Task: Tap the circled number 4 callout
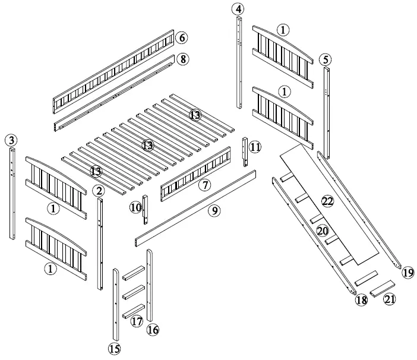coord(238,10)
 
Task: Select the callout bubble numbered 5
coord(325,59)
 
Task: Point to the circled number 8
coord(183,59)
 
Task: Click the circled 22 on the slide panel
coord(327,201)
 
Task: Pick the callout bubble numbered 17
coord(137,322)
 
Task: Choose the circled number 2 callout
coord(99,191)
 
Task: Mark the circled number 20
coord(323,230)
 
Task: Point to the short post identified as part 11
coord(245,153)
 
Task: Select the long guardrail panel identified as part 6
coord(113,71)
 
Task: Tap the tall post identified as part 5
coord(327,113)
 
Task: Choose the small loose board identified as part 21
coord(383,289)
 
